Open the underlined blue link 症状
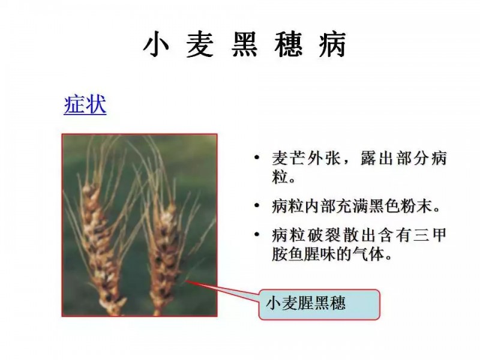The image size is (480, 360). [85, 104]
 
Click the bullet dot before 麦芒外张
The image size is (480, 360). [257, 158]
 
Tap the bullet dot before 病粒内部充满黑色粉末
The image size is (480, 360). [257, 205]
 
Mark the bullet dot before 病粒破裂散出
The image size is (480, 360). [257, 235]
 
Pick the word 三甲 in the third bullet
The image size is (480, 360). [429, 235]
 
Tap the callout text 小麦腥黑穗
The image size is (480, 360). [306, 303]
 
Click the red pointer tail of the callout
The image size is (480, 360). [223, 290]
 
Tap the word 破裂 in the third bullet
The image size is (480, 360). [324, 235]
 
